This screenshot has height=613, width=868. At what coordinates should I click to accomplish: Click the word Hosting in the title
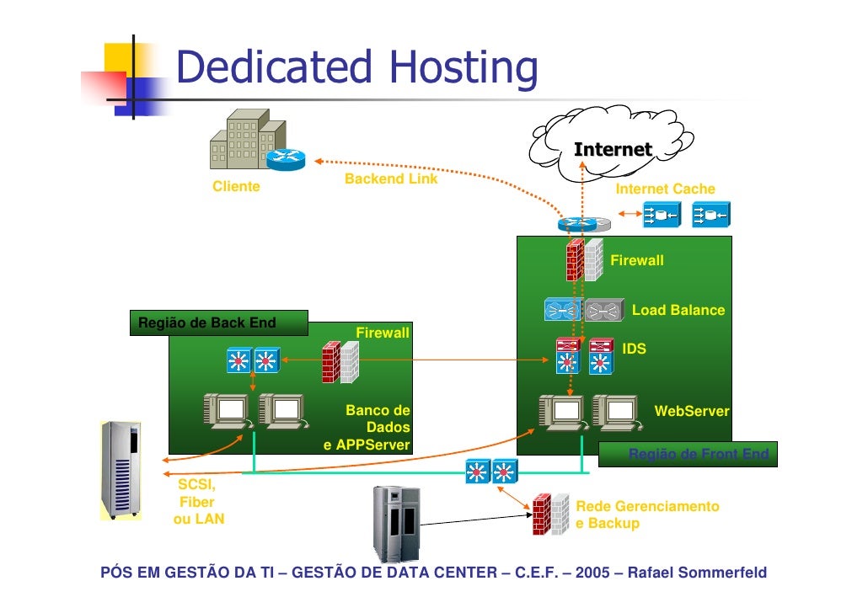[462, 67]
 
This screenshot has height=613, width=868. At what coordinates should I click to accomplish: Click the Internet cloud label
[613, 150]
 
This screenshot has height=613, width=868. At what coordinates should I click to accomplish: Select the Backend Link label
[391, 179]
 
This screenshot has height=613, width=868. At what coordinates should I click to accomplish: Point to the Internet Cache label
[665, 189]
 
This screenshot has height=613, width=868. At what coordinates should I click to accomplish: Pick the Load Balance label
[678, 310]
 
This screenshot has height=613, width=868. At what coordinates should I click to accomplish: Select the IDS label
[634, 348]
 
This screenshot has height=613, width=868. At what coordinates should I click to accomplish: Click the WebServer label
[691, 411]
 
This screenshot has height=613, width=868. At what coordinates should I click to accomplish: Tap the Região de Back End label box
[218, 322]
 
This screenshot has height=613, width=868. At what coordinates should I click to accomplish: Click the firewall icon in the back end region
[340, 361]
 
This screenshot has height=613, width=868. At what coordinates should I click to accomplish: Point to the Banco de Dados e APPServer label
[368, 428]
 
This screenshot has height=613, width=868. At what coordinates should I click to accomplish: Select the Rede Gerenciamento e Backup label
[647, 514]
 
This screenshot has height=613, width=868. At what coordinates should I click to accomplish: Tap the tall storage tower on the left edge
[121, 469]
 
